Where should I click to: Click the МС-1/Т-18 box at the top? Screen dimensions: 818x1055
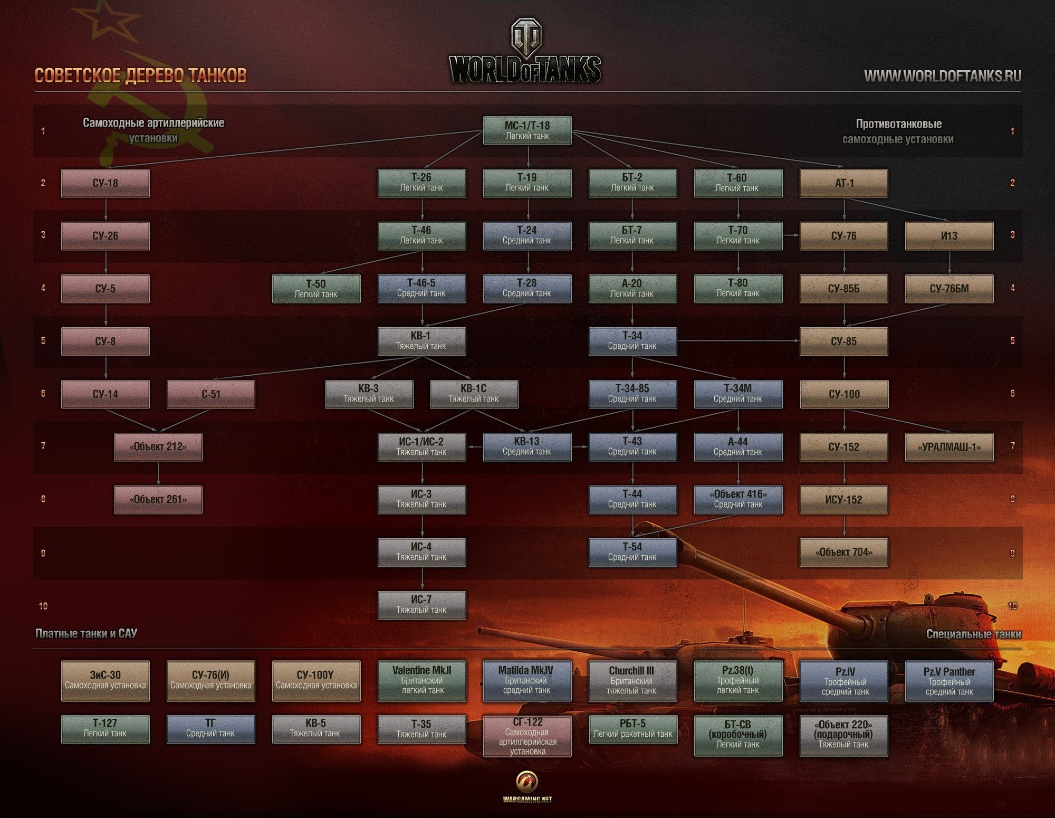527,130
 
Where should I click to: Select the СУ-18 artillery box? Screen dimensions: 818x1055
105,183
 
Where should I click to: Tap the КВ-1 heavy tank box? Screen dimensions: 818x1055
421,341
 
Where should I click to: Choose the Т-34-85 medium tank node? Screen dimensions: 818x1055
632,394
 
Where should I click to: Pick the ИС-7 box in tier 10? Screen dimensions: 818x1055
421,605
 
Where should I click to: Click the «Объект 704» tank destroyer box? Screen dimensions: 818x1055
843,553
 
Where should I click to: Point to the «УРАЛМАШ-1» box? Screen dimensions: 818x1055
949,447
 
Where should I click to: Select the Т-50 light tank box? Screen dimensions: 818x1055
316,289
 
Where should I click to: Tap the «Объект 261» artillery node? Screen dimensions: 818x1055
158,499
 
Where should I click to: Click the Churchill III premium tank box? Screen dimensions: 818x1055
632,680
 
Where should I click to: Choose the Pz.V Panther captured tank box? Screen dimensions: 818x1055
949,681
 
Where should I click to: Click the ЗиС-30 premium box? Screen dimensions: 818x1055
105,680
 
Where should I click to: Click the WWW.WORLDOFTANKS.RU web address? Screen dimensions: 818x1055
942,76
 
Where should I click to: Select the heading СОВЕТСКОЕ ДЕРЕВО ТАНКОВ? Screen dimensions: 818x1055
140,75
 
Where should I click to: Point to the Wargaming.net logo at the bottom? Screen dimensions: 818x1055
527,786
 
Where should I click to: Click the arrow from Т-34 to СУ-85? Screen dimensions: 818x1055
738,341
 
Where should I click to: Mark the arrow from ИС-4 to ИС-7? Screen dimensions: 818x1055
422,579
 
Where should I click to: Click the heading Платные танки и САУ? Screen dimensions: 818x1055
86,633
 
